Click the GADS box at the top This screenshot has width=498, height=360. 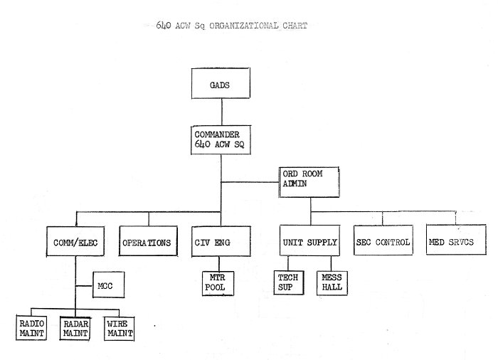point(221,83)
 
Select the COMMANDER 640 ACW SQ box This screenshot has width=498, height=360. point(221,140)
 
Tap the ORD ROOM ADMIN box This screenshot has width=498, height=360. point(309,182)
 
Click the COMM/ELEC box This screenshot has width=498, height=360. point(75,241)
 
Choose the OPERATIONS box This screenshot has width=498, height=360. point(148,241)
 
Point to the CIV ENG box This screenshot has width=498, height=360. point(221,241)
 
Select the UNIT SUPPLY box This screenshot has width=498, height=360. point(309,240)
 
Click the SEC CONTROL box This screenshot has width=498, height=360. point(383,240)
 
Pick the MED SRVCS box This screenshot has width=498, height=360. point(456,240)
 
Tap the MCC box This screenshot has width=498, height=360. point(109,285)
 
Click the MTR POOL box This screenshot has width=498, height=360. point(218,283)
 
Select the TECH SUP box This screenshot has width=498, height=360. point(289,282)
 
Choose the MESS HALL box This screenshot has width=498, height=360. point(332,283)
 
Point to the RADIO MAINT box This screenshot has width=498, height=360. point(31,328)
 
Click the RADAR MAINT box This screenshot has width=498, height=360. point(75,329)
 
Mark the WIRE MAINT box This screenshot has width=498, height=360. point(120,329)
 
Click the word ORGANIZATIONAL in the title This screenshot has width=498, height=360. point(244,26)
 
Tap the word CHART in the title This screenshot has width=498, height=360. point(295,26)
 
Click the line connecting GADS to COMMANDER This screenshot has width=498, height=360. point(222,112)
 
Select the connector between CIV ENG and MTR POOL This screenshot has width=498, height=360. point(219,264)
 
